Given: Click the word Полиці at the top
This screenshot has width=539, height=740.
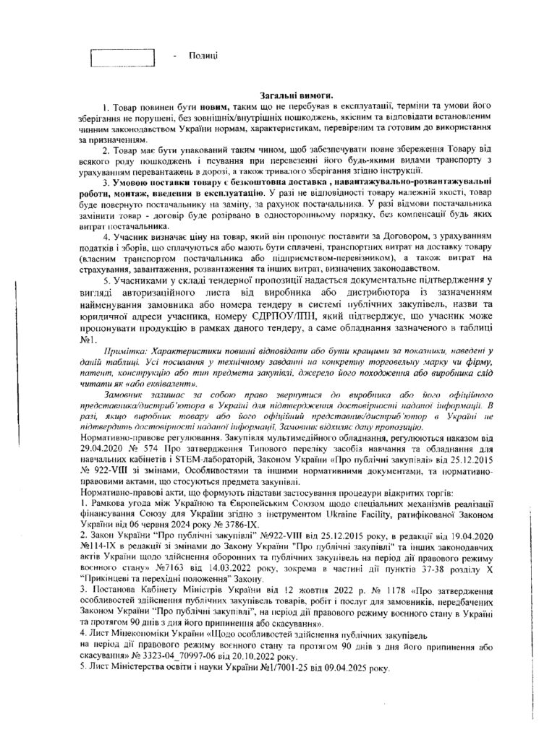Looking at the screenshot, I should click(203, 56).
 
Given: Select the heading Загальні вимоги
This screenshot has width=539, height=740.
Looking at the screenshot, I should click(297, 96).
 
